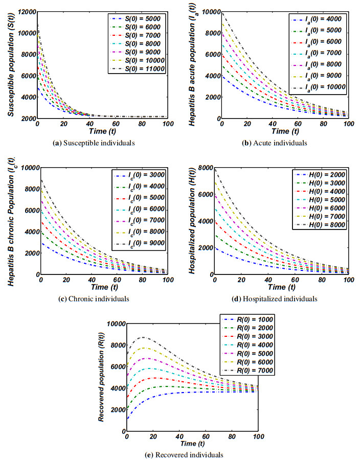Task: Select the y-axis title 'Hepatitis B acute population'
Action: (x=192, y=64)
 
